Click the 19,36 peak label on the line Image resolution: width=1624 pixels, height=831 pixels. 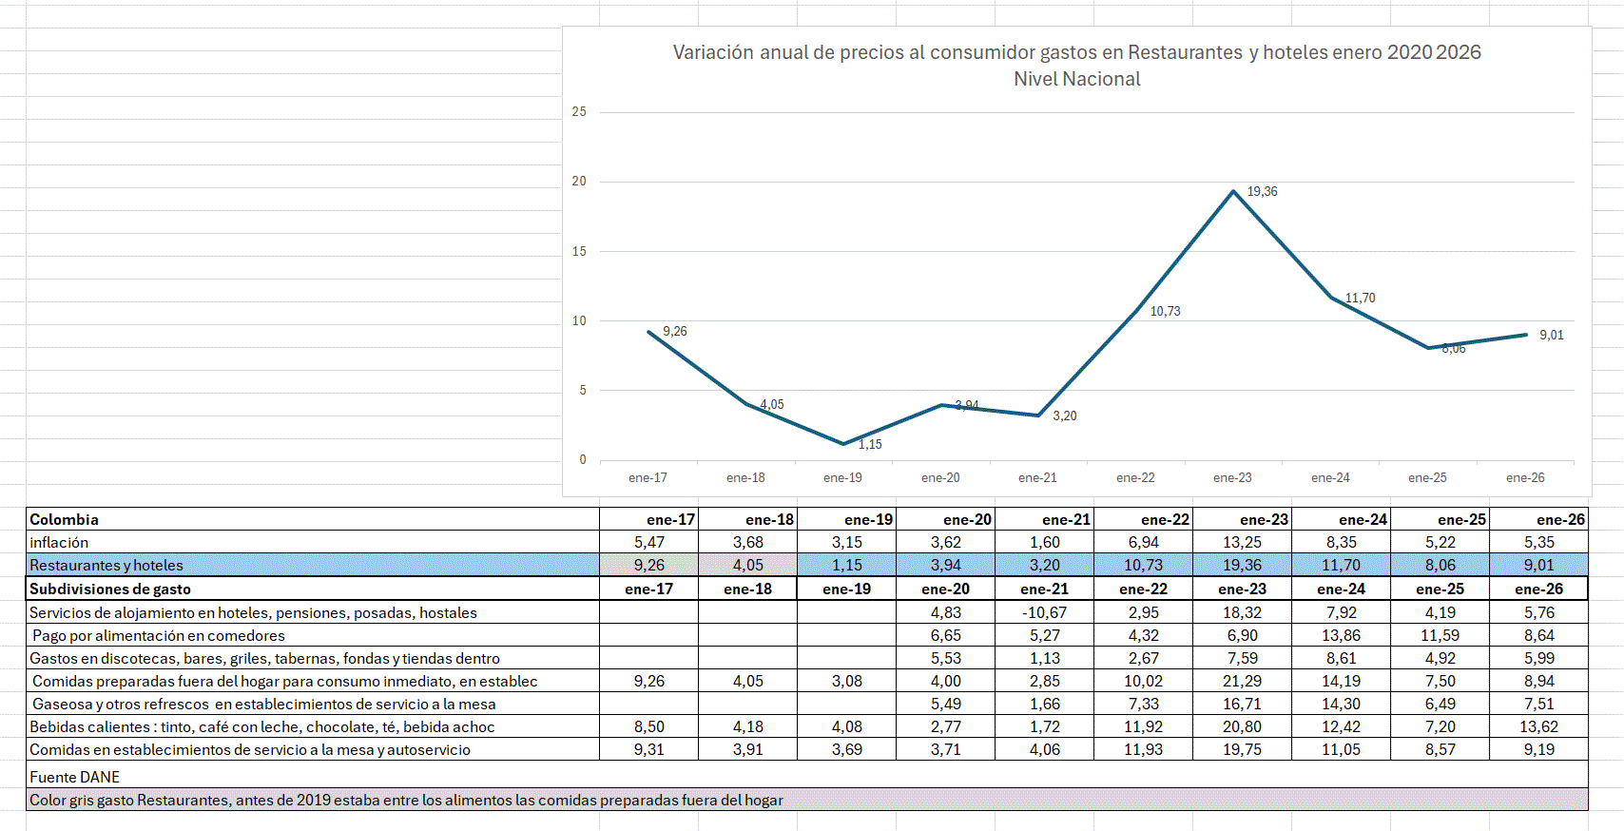1262,192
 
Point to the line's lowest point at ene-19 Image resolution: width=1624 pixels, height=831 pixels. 843,444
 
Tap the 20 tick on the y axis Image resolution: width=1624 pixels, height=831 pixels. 579,182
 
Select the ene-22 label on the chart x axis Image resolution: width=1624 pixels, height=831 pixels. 1135,478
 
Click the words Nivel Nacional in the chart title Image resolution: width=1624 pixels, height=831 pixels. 1076,79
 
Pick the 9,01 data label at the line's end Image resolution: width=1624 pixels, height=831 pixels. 1551,335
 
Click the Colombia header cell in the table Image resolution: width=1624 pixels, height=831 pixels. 65,519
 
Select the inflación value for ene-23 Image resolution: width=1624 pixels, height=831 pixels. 1242,542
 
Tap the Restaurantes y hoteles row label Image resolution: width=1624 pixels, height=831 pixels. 106,565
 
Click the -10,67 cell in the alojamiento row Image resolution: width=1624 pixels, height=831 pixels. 1044,612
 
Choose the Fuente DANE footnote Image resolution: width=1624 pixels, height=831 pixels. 74,777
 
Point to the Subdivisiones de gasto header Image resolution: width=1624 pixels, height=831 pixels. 110,589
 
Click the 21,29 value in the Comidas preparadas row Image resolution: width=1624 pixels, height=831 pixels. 1242,681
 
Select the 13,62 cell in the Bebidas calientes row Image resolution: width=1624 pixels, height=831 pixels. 1538,726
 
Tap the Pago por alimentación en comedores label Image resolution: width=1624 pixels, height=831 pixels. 159,635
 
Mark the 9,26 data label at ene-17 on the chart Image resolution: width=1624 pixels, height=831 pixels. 674,331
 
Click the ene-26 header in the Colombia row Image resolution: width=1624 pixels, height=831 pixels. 1560,519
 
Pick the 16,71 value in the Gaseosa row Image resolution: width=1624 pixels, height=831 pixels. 1242,704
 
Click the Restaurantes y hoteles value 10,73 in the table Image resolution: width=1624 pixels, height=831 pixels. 1143,565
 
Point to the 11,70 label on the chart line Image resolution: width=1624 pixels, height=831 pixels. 1360,299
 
